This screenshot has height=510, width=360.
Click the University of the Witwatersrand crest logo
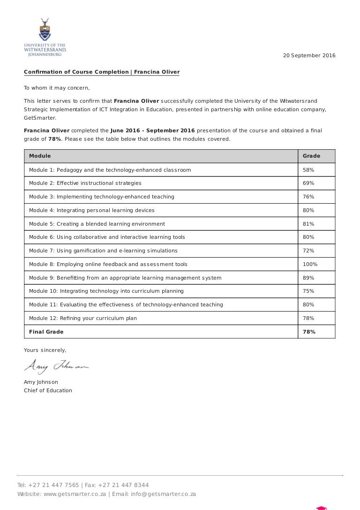coord(45,30)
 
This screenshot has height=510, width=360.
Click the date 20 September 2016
coord(309,55)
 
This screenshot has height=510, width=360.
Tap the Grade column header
coord(311,156)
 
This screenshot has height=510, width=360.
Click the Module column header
coord(40,156)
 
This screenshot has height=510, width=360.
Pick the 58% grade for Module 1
coord(308,170)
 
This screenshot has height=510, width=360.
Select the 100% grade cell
coord(310,264)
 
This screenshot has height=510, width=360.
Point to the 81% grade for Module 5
coord(308,224)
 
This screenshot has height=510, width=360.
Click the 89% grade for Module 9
coord(308,278)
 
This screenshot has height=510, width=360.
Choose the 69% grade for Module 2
coord(308,183)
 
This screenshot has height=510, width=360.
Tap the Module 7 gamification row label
coord(103,251)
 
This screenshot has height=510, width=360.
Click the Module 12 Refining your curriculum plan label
coord(83,318)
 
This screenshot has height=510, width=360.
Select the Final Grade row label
coord(46,332)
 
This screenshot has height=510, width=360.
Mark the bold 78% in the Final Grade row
coord(309,332)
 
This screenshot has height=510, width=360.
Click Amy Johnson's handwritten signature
coord(56,365)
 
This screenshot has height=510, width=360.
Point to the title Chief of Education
coord(48,390)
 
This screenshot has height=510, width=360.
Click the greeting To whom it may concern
coord(56,88)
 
